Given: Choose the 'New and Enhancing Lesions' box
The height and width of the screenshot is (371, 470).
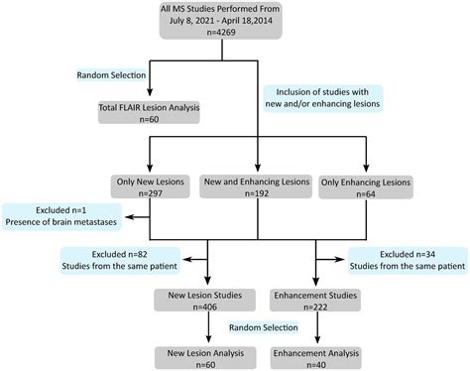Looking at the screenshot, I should (x=257, y=188).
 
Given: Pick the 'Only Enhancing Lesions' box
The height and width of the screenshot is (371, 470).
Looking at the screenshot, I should (x=365, y=188).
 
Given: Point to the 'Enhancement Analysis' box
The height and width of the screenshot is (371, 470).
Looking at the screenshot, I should (x=311, y=354).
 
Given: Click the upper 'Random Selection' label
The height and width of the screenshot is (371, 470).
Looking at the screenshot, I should (x=113, y=75).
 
